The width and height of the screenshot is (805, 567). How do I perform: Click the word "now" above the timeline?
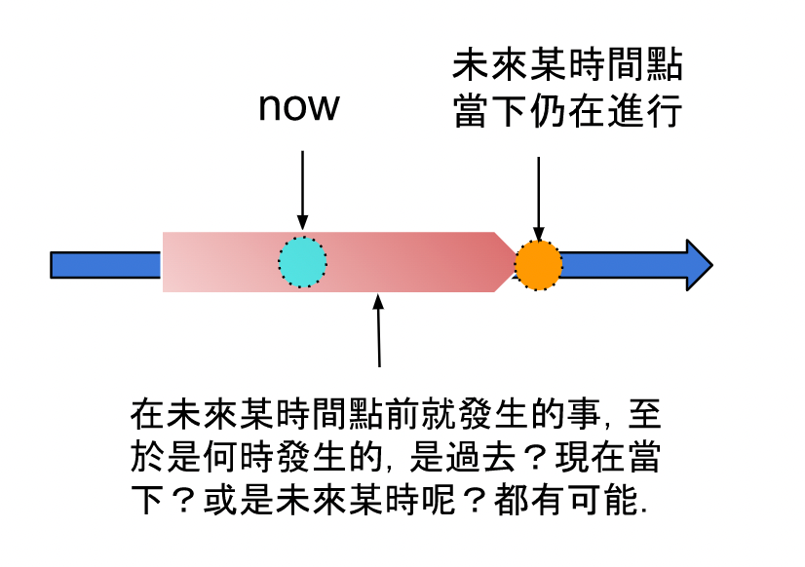pos(299,107)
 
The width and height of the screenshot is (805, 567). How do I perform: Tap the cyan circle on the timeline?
pos(303,262)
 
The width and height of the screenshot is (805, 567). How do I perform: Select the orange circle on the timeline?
pos(538,264)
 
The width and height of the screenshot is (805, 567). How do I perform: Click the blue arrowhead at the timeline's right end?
pos(698,264)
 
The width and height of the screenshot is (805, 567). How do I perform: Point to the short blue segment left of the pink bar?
pos(105,264)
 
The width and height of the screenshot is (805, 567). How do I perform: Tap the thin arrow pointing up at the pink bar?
pos(379,331)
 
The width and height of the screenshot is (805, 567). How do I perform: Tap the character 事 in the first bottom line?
pos(588,414)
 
